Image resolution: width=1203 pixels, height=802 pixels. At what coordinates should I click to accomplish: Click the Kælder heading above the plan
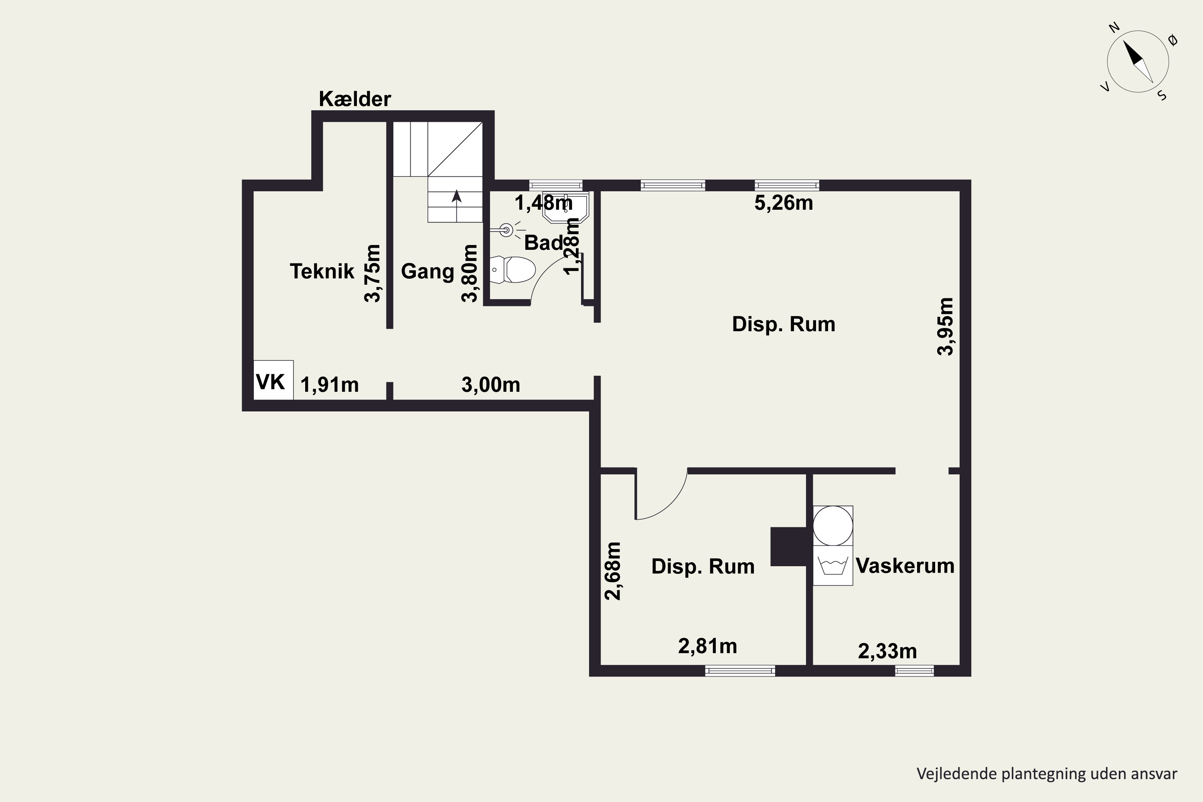[x=354, y=99]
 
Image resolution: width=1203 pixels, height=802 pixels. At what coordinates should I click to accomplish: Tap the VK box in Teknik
[x=273, y=380]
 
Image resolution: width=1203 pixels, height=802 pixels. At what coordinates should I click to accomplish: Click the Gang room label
[x=427, y=271]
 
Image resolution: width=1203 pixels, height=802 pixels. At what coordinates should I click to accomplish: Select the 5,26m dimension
[x=784, y=203]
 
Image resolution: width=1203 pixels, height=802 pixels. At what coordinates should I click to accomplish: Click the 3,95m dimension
[x=946, y=326]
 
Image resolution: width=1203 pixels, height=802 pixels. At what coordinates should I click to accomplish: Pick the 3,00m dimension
[x=490, y=385]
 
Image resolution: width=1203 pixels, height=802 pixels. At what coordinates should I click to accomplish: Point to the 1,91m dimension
[x=329, y=385]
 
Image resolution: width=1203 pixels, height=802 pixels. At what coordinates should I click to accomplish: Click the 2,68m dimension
[x=613, y=571]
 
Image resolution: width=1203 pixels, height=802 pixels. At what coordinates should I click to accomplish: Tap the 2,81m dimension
[x=707, y=646]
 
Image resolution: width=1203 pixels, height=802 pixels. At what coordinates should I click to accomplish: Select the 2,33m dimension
[x=887, y=652]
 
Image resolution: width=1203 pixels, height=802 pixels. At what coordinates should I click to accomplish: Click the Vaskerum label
[x=905, y=566]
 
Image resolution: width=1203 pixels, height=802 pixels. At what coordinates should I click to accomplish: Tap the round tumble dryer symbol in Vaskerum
[x=833, y=525]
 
